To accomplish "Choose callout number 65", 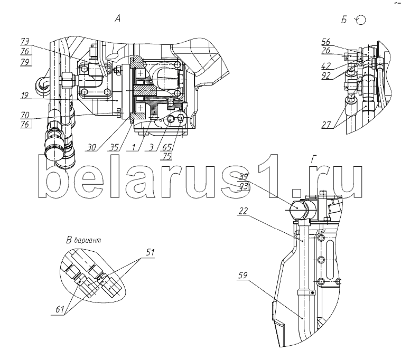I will click(x=167, y=148).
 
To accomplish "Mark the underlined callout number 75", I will click(x=167, y=157).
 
